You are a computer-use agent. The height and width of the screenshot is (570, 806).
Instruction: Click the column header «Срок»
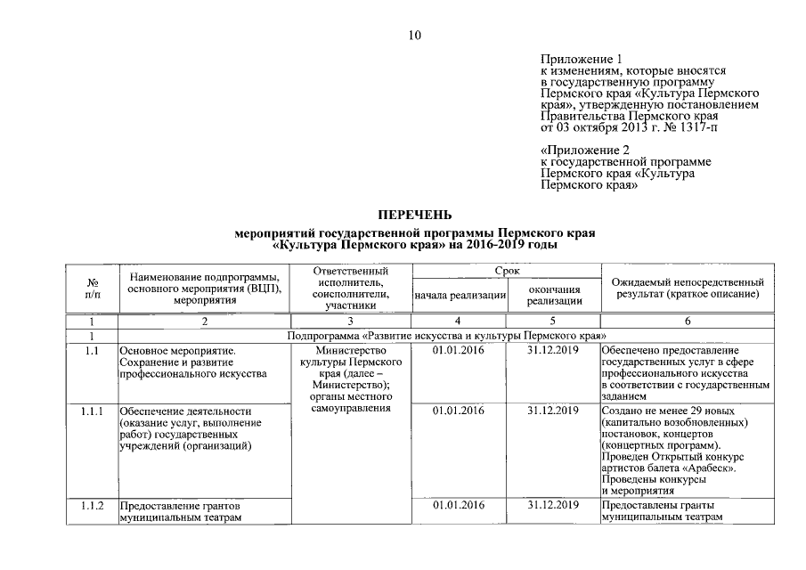pyautogui.click(x=505, y=270)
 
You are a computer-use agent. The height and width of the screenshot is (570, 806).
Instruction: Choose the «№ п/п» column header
pyautogui.click(x=92, y=288)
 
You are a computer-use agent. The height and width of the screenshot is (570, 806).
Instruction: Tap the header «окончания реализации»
pyautogui.click(x=553, y=295)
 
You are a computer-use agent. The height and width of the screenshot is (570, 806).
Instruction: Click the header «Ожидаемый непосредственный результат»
pyautogui.click(x=684, y=288)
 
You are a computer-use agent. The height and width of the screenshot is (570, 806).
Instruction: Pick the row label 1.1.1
pyautogui.click(x=92, y=411)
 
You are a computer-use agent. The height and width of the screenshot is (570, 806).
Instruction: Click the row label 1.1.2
pyautogui.click(x=92, y=506)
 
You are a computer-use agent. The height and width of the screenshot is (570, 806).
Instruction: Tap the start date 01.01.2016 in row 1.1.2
pyautogui.click(x=459, y=506)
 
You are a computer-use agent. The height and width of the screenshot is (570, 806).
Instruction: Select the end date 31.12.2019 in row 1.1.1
pyautogui.click(x=553, y=411)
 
